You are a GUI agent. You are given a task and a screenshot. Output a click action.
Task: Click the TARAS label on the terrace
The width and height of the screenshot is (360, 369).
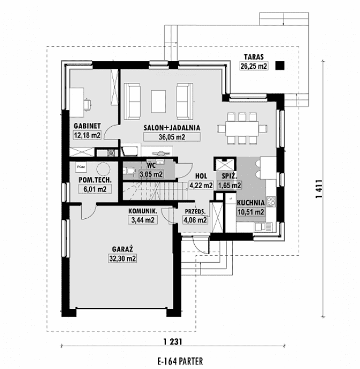pyautogui.click(x=254, y=57)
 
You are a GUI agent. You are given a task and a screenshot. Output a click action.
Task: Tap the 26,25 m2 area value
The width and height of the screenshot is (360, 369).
pyautogui.click(x=254, y=66)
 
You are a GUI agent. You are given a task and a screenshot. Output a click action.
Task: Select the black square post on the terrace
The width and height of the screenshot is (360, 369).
pyautogui.click(x=279, y=66)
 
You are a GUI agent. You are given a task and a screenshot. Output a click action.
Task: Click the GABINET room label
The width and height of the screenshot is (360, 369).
pyautogui.click(x=87, y=126)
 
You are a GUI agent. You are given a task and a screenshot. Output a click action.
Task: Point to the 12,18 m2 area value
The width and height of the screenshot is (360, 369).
pyautogui.click(x=87, y=135)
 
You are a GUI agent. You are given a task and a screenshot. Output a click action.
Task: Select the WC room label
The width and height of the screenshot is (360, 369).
pyautogui.click(x=151, y=166)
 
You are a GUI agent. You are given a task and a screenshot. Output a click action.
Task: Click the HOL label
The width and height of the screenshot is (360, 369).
pyautogui.click(x=200, y=176)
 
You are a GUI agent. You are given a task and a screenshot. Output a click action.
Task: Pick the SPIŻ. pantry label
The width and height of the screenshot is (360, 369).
pyautogui.click(x=229, y=176)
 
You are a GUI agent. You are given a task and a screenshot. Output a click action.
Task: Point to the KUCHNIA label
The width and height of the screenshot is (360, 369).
pyautogui.click(x=251, y=202)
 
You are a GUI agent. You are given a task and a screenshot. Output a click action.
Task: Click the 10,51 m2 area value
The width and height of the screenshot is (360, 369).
pyautogui.click(x=251, y=212)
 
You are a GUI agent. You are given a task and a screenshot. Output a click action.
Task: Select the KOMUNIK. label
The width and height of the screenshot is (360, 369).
pyautogui.click(x=143, y=210)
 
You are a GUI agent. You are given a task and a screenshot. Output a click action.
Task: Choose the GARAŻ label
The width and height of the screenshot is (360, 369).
pyautogui.click(x=122, y=249)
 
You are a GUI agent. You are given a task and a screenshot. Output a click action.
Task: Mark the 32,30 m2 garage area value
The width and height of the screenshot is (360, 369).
pyautogui.click(x=122, y=258)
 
